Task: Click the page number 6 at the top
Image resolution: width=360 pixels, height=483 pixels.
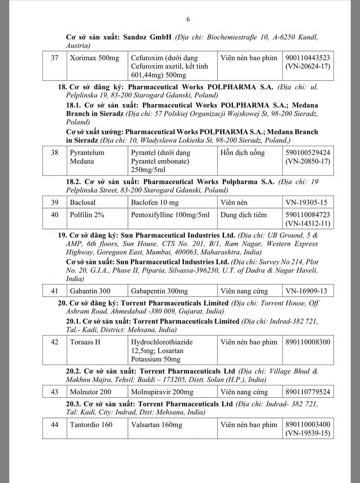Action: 188,19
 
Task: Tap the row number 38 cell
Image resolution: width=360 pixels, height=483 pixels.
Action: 54,153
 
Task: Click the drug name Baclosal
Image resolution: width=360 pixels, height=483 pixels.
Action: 83,202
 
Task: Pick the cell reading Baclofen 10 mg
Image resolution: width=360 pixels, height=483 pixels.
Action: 155,202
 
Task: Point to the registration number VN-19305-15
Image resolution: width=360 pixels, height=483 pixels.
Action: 306,202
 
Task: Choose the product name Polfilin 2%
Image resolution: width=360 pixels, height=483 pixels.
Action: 87,215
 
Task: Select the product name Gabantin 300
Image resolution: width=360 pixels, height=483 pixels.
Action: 90,291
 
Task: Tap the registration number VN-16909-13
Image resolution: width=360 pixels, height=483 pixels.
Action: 306,291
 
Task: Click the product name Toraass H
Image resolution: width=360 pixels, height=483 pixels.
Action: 85,342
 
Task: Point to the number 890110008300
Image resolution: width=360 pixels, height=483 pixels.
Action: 308,342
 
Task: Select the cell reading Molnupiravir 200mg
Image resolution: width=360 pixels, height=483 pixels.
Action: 162,392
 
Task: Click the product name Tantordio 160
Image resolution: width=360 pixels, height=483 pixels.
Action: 92,424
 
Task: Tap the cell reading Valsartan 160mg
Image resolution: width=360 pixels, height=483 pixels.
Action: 157,424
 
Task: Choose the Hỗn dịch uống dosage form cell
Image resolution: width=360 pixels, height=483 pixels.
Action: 242,153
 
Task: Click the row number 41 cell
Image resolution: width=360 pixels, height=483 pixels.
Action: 54,291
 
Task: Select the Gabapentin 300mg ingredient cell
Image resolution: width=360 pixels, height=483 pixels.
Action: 159,291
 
